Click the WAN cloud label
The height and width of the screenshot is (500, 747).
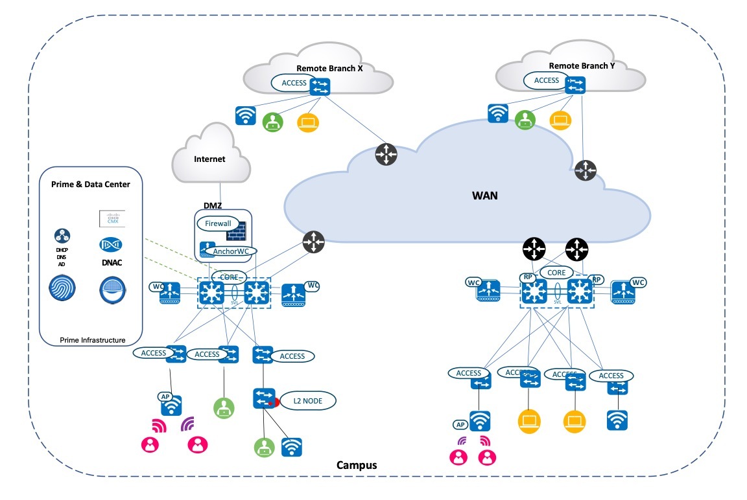click(x=484, y=195)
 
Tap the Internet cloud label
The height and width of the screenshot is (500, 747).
click(x=209, y=159)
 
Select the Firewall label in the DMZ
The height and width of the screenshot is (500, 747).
click(x=218, y=224)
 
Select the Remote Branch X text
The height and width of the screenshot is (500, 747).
click(x=329, y=68)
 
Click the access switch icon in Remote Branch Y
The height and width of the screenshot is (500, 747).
click(x=575, y=85)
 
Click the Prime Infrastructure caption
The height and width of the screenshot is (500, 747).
click(x=92, y=339)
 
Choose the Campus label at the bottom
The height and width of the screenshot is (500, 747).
click(x=356, y=465)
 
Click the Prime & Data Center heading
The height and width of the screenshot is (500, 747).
click(x=90, y=185)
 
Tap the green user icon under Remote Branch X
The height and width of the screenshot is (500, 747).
click(x=273, y=122)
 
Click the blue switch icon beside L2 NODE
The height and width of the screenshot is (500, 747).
click(x=264, y=397)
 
